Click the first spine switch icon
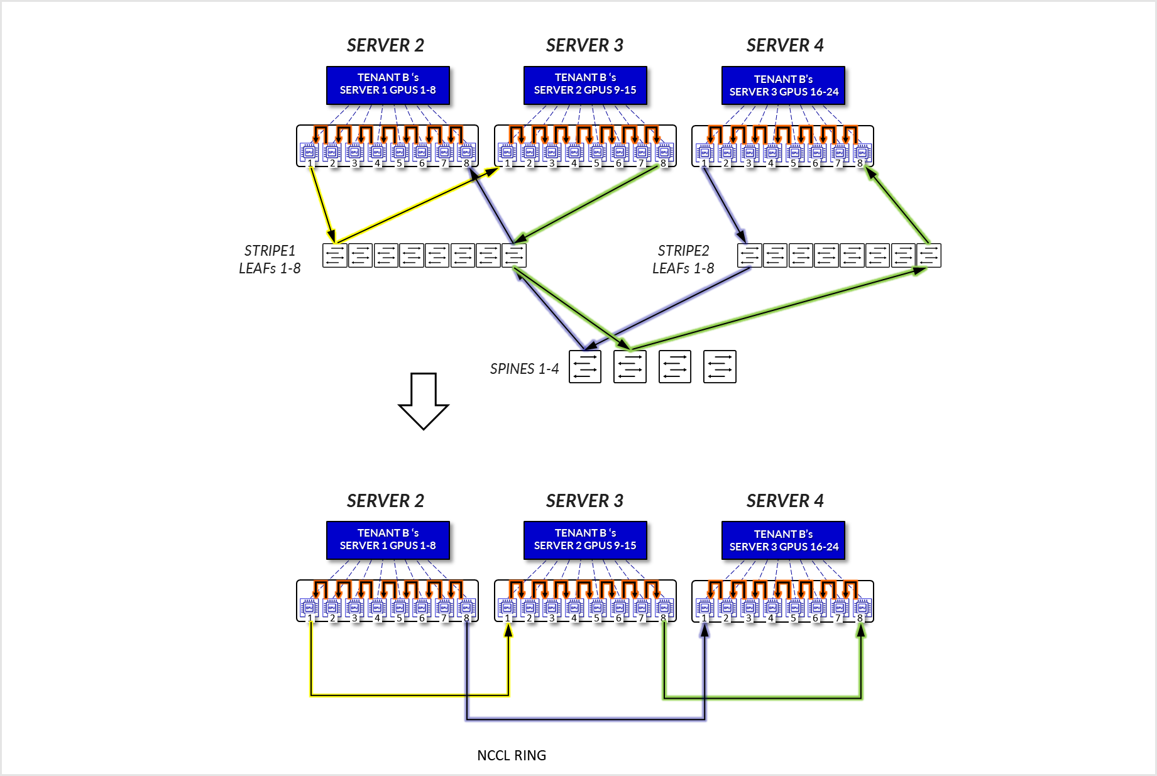point(584,366)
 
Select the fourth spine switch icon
point(719,366)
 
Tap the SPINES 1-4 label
point(524,369)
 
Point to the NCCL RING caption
point(512,755)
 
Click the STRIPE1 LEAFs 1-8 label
point(270,259)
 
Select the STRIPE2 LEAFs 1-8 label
point(683,259)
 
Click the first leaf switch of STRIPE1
point(334,255)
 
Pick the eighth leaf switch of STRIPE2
point(928,255)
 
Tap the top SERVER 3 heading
point(584,45)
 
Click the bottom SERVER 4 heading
point(784,501)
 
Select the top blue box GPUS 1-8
point(388,84)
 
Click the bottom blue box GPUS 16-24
point(783,540)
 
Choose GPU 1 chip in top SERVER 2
point(309,151)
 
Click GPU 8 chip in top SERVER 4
point(862,151)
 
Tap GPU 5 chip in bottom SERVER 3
point(596,607)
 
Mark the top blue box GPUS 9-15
point(585,84)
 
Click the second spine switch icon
point(630,366)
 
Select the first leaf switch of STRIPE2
point(749,255)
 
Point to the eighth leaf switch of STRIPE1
point(513,255)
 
